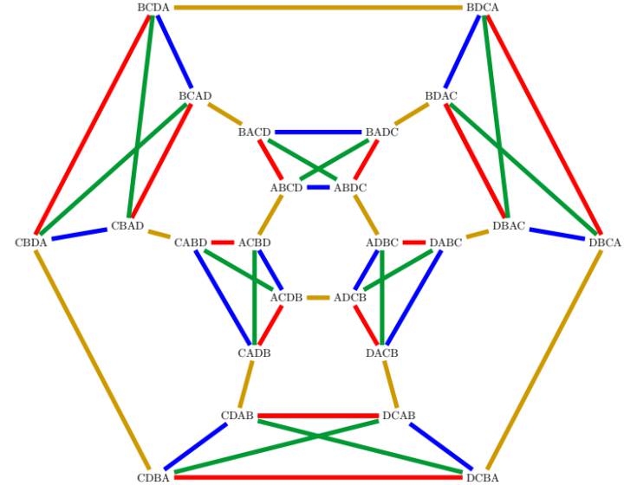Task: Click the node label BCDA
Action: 153,8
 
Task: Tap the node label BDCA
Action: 483,8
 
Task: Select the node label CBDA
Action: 31,242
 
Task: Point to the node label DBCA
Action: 605,242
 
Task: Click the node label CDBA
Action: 153,477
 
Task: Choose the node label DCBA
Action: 483,477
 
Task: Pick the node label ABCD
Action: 287,187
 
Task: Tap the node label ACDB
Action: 287,297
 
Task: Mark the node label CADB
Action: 254,352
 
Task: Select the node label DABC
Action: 445,242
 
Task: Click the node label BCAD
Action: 195,96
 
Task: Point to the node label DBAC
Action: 509,226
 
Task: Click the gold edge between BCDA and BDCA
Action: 318,8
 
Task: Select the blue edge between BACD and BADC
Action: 318,132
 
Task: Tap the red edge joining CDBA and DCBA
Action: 318,477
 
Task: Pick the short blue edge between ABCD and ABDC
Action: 318,187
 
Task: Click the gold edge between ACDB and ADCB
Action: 318,297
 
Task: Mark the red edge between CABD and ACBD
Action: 223,242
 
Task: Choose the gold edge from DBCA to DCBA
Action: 543,359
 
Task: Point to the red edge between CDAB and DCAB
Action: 318,416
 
